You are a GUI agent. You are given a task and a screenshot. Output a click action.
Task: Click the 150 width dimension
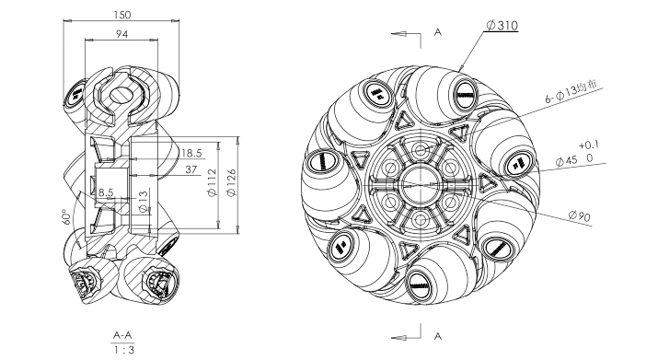tap(122, 15)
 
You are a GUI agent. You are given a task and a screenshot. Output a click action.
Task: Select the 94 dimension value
tap(121, 34)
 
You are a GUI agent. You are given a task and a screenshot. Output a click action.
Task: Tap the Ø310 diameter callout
tap(502, 25)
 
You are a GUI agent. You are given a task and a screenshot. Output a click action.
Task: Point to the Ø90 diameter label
tap(580, 216)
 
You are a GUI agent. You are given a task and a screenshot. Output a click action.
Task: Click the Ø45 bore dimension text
tap(567, 161)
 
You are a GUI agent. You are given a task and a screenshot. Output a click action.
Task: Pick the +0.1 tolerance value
tap(589, 145)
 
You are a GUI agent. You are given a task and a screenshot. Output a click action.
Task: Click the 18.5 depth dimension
tap(191, 153)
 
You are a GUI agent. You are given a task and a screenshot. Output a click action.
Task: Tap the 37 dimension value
tap(190, 169)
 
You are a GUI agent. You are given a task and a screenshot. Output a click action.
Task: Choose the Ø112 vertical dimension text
tap(212, 182)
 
